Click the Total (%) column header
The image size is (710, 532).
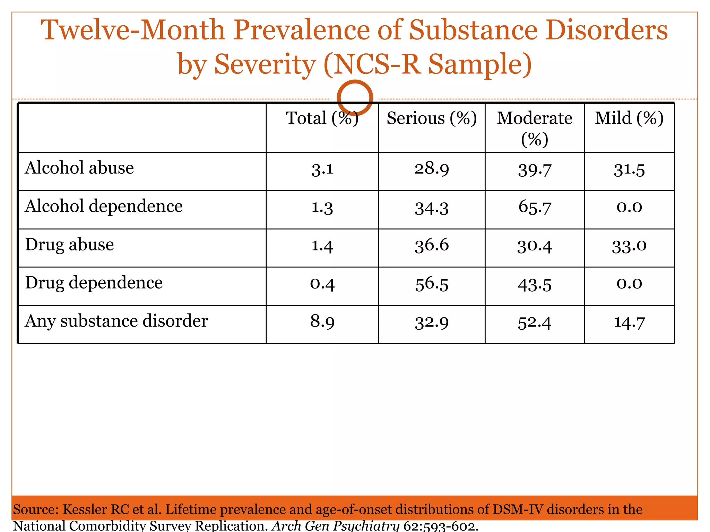coord(322,118)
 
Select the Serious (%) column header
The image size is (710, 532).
coord(432,118)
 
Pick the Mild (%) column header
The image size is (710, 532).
coord(629,118)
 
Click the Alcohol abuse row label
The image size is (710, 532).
coord(79,168)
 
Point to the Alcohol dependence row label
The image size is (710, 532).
coord(104,206)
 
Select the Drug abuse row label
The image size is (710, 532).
coord(69,245)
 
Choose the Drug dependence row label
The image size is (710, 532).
coord(94,283)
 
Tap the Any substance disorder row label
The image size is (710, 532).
coord(116,321)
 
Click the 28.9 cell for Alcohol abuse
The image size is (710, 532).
coord(432,169)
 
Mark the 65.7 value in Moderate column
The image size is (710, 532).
coord(534,207)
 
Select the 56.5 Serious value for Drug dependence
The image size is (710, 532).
coord(432,284)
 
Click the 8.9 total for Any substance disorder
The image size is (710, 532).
coord(322,322)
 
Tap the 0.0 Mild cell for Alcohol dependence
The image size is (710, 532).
coord(629,207)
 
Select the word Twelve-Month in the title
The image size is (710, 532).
coord(133,30)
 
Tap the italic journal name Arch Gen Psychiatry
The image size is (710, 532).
coord(335,526)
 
